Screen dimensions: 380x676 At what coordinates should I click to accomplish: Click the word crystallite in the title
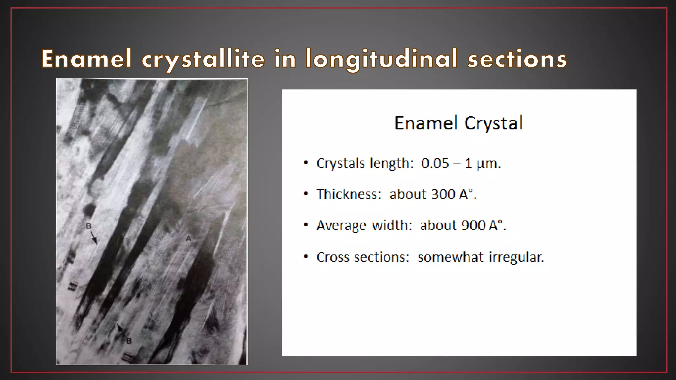click(x=203, y=59)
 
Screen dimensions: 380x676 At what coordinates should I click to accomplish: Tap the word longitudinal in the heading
click(x=381, y=59)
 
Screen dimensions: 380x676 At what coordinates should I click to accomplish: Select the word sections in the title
click(x=517, y=59)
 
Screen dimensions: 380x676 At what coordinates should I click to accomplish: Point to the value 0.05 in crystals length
click(x=435, y=163)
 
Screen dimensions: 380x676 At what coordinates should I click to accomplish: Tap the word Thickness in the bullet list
click(x=349, y=194)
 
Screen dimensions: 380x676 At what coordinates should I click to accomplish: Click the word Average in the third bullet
click(x=341, y=226)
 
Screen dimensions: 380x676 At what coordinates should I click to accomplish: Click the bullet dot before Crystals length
click(x=306, y=163)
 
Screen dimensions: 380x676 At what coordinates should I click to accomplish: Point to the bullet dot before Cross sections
click(x=306, y=257)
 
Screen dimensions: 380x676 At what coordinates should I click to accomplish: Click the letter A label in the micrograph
click(x=188, y=238)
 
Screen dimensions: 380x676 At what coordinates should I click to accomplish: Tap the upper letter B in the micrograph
click(x=88, y=226)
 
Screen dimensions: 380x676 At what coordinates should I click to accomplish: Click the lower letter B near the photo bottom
click(x=129, y=341)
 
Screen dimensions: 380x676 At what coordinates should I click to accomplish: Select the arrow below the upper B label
click(x=94, y=238)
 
